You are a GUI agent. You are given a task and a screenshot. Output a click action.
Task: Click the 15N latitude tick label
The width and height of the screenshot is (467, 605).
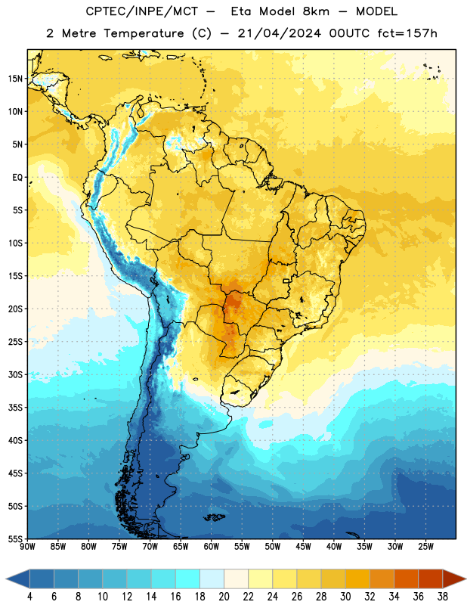click(x=15, y=79)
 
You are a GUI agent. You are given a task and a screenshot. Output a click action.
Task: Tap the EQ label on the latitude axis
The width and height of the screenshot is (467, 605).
click(x=17, y=178)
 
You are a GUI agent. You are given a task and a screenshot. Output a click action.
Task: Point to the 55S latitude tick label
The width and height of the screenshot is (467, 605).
click(x=15, y=539)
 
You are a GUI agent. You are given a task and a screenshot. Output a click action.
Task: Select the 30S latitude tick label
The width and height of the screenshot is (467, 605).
click(x=15, y=374)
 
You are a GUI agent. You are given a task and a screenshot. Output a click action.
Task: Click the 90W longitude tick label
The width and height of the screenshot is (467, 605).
click(x=27, y=547)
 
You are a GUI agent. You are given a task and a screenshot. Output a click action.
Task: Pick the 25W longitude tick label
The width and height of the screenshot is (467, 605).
click(x=425, y=547)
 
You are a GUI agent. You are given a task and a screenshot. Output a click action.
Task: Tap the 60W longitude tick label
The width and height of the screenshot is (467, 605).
click(x=212, y=547)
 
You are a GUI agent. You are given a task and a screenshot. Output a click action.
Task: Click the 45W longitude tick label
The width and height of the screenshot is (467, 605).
click(x=303, y=547)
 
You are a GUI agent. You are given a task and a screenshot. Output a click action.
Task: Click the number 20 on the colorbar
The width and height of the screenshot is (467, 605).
click(x=224, y=597)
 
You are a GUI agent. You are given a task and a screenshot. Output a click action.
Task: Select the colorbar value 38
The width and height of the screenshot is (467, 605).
click(x=442, y=597)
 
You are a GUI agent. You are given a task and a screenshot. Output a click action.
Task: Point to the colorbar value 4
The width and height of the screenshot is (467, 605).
click(x=29, y=597)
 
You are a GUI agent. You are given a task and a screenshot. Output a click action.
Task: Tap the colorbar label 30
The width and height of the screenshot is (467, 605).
click(x=345, y=597)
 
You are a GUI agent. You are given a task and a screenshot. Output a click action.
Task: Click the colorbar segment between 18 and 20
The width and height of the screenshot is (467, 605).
click(x=212, y=579)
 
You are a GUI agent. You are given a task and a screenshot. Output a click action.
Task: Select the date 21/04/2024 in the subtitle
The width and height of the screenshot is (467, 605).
click(x=279, y=33)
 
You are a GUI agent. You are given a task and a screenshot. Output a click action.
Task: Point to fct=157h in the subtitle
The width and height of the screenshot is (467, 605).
click(x=407, y=33)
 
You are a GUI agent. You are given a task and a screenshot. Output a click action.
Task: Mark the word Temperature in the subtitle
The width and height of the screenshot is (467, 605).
click(x=144, y=34)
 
